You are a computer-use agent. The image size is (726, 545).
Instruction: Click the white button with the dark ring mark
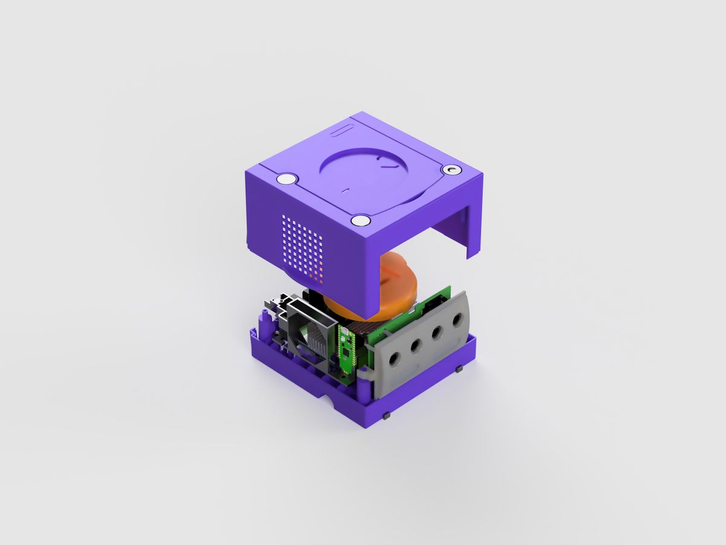coord(451,171)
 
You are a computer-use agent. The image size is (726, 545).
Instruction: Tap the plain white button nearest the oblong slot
coord(286,179)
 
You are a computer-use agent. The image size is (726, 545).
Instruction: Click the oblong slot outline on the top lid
coord(342,130)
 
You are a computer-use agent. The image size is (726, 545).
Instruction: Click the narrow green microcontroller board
coord(346,351)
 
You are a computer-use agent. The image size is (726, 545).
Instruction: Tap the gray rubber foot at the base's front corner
coord(385,417)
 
